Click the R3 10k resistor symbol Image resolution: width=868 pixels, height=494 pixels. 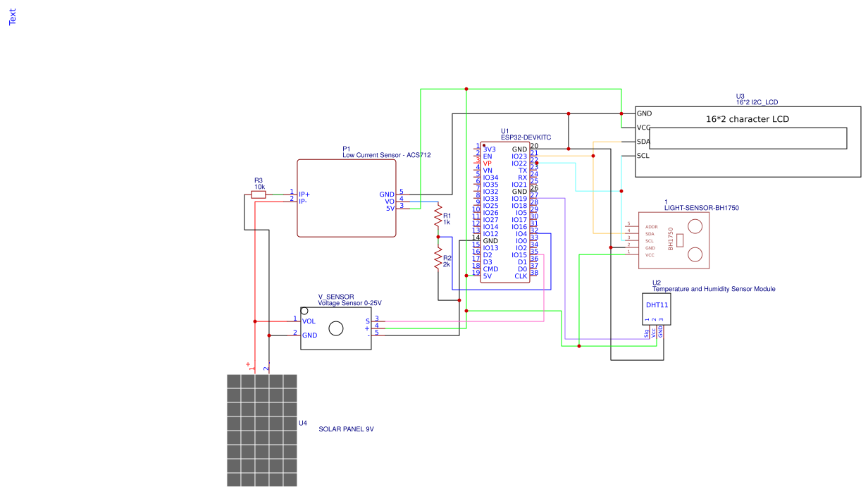[259, 194]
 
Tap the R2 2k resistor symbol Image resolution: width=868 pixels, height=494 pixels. [438, 259]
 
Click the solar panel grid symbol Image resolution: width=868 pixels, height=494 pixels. [262, 430]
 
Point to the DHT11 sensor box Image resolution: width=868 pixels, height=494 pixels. [657, 309]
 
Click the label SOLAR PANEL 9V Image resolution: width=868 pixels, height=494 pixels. [346, 429]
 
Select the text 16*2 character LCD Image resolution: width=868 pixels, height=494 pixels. [747, 119]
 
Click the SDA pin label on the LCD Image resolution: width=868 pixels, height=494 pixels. [643, 142]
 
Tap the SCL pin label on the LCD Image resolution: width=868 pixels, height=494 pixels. [643, 156]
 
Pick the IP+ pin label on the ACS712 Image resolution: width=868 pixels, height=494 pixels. [304, 194]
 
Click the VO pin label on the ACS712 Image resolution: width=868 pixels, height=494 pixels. [390, 201]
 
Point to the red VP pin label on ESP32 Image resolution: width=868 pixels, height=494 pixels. [488, 163]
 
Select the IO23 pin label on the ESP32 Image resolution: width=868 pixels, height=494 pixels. [519, 156]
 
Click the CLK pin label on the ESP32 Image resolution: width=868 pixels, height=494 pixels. [521, 276]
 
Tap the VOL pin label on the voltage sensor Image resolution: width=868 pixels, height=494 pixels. [309, 321]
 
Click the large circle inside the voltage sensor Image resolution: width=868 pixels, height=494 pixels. [336, 328]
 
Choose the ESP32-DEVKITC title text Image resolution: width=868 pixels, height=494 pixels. [526, 138]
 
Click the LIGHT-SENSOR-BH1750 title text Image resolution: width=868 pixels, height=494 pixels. [702, 209]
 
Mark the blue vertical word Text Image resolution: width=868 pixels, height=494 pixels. [12, 17]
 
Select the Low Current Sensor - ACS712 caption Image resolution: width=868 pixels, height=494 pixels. [386, 155]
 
